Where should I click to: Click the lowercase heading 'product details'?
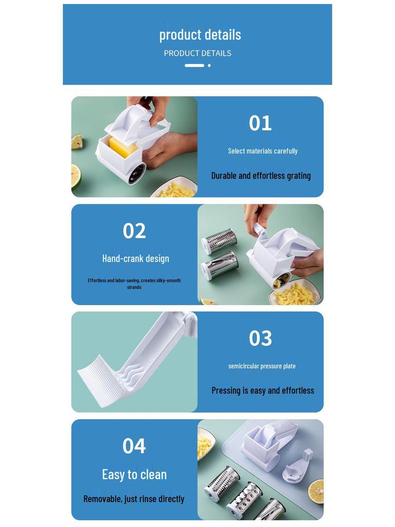(200, 35)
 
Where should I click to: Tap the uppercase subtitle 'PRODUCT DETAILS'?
(197, 53)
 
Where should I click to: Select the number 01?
(260, 123)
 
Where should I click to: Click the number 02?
(134, 231)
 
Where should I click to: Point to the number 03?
(260, 338)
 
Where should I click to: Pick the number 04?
(134, 446)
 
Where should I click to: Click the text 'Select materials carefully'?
(263, 151)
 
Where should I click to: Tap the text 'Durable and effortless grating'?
(261, 176)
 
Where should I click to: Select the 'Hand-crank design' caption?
(136, 259)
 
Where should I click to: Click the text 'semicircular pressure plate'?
(262, 366)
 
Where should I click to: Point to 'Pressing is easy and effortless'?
(263, 391)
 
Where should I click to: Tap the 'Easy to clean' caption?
(134, 475)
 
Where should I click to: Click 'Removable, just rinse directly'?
(134, 499)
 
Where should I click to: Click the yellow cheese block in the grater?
(123, 148)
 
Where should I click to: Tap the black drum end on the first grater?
(137, 174)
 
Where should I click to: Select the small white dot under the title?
(209, 65)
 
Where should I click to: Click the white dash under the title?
(194, 65)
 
